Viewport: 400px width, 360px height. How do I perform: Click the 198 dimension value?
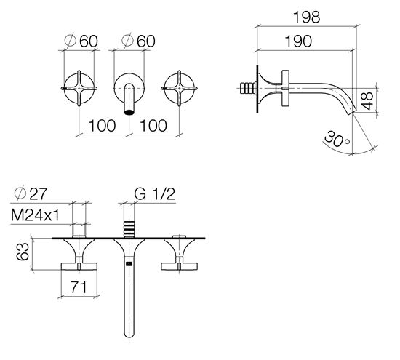pyautogui.click(x=306, y=17)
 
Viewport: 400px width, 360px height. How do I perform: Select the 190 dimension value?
pyautogui.click(x=298, y=41)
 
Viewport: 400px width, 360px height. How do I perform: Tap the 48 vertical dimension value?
pyautogui.click(x=367, y=101)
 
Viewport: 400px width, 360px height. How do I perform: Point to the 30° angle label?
pyautogui.click(x=337, y=140)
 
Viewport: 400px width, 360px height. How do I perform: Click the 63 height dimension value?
pyautogui.click(x=23, y=252)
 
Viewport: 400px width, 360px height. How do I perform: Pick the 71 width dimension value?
pyautogui.click(x=79, y=287)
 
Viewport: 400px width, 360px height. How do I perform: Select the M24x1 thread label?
pyautogui.click(x=35, y=215)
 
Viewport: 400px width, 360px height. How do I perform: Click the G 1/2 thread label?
pyautogui.click(x=155, y=194)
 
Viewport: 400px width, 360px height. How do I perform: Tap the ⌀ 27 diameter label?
pyautogui.click(x=31, y=193)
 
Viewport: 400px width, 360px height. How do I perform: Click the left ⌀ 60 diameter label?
pyautogui.click(x=81, y=41)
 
